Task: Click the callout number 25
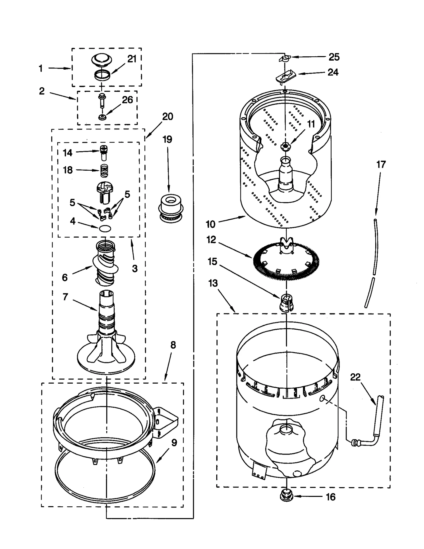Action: tap(334, 57)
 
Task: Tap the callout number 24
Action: tap(333, 72)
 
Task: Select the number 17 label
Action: tap(381, 165)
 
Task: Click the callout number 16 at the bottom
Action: tap(330, 497)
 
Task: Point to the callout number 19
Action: tap(167, 139)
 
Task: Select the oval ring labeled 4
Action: tap(105, 229)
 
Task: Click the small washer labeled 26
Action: tap(101, 117)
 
